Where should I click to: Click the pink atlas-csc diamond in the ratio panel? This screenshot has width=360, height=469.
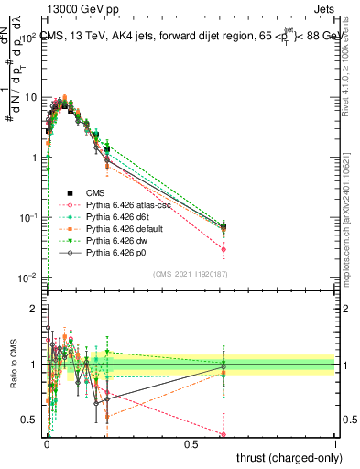pos(224,435)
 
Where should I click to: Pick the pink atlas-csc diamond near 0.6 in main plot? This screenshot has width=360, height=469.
pos(224,249)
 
